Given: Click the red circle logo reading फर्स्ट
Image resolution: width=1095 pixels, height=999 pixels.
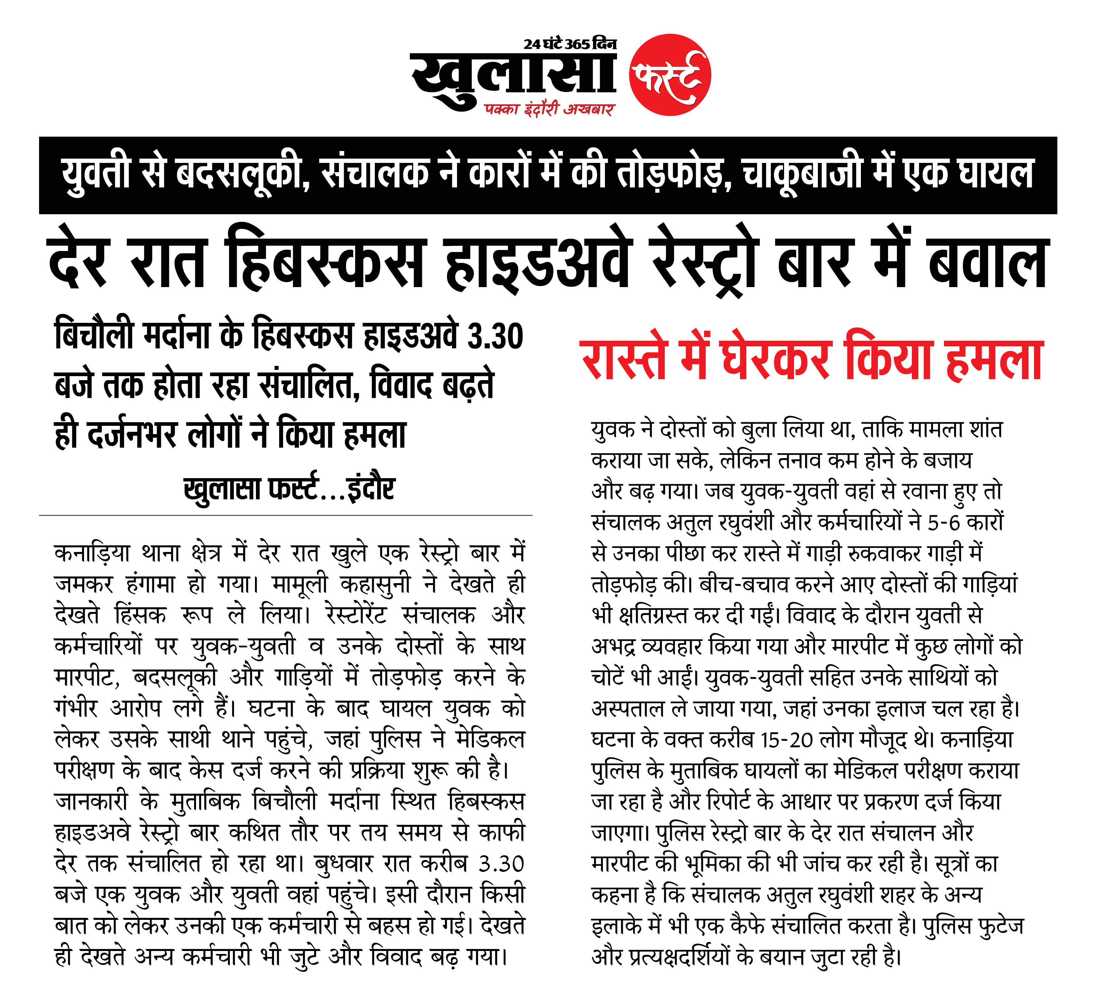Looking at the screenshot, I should tap(670, 75).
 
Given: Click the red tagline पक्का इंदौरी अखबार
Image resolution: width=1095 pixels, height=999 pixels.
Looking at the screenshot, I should tap(549, 110).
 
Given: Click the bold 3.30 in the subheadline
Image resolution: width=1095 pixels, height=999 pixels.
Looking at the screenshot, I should tap(495, 337).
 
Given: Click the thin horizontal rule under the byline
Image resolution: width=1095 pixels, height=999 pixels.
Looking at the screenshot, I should tap(285, 515).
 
